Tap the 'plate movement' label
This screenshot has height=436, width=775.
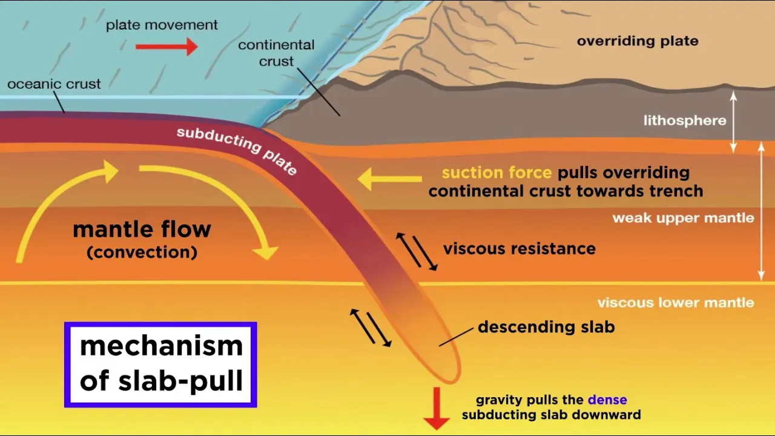point(162,25)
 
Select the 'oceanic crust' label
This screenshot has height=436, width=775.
point(54,84)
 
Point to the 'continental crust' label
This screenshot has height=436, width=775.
point(276,53)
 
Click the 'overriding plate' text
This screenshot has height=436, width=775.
point(638,41)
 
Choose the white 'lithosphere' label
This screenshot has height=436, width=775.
point(684,121)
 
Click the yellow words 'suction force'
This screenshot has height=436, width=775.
point(496,173)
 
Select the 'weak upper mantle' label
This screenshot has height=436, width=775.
point(683,218)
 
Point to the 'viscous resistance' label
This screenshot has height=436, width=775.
point(519,248)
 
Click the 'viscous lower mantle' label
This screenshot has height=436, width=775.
point(676,303)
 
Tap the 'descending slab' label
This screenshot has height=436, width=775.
point(546,327)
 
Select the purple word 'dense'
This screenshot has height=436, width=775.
point(607,400)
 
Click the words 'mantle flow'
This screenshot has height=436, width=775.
point(142,230)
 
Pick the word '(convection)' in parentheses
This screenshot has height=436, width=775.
point(142,252)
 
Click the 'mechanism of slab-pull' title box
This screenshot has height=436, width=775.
point(161,365)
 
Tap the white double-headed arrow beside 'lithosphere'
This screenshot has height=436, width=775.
point(734,121)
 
